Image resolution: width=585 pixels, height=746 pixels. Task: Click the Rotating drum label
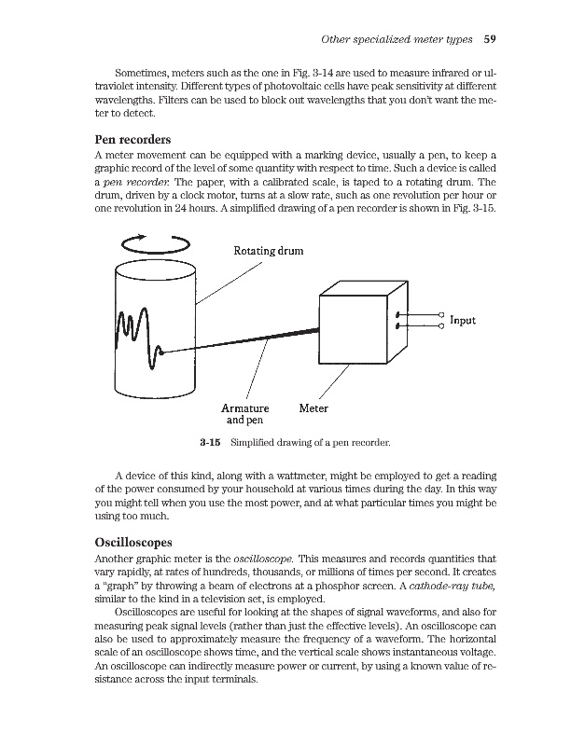point(268,250)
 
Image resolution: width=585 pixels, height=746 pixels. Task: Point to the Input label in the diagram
point(463,320)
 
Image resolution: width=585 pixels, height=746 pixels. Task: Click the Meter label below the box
point(313,408)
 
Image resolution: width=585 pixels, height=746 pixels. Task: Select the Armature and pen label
point(244,414)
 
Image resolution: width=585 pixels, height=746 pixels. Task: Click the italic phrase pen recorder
point(138,181)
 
